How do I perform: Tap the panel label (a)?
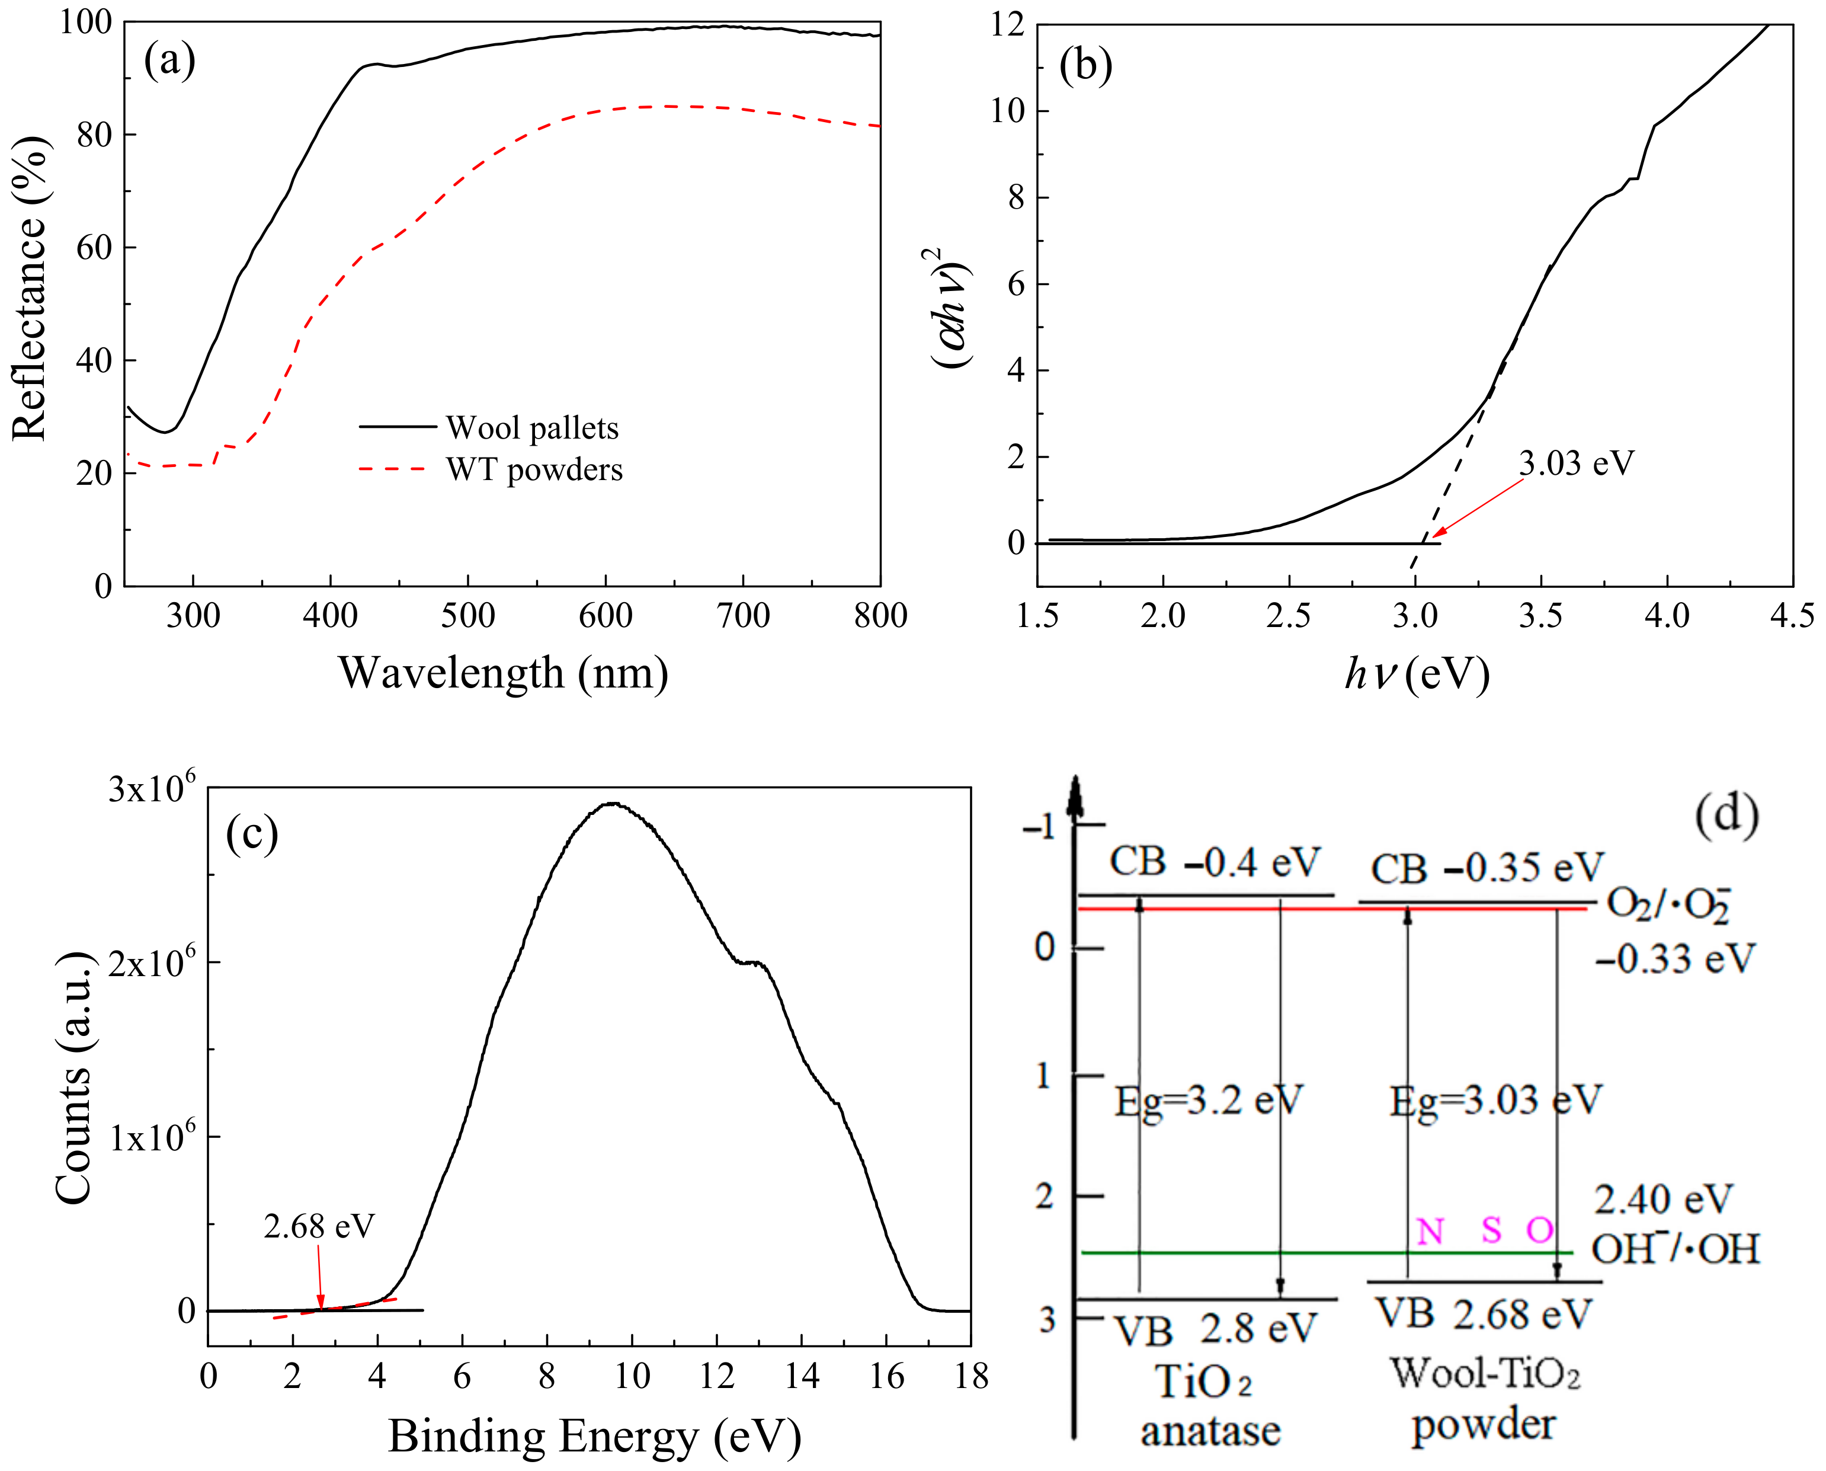tap(169, 61)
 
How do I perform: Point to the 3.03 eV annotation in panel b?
tap(1575, 463)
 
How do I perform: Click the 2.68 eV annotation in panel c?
tap(318, 1226)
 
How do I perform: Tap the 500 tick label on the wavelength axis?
tap(467, 616)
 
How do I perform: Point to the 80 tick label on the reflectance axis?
tap(94, 135)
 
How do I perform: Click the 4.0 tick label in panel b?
tap(1666, 616)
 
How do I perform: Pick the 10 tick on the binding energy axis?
tap(632, 1376)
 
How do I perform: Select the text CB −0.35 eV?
tap(1487, 868)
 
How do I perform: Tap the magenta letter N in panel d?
tap(1430, 1230)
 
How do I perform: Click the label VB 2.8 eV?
tap(1215, 1329)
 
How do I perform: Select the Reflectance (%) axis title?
tap(31, 288)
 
